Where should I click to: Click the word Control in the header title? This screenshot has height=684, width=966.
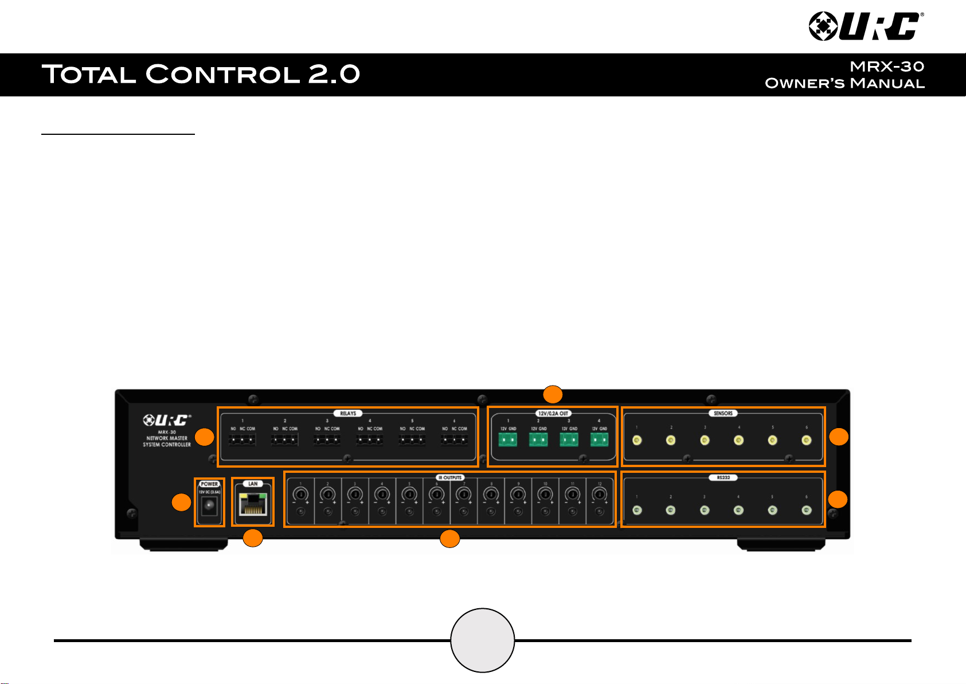click(223, 74)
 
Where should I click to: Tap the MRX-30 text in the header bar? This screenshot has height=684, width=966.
click(887, 67)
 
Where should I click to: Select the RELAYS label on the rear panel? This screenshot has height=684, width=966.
click(348, 413)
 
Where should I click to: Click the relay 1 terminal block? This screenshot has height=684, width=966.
click(242, 440)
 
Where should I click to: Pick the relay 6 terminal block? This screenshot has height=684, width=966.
click(454, 440)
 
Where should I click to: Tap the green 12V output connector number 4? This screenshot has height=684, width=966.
click(599, 440)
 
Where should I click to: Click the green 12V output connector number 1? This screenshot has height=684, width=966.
click(507, 440)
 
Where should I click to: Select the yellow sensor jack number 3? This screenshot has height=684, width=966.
click(705, 441)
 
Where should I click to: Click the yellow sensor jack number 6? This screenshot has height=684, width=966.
click(807, 441)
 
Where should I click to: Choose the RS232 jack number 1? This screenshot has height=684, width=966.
click(636, 510)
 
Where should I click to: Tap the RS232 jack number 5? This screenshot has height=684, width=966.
click(772, 510)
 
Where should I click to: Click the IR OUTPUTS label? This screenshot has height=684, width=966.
click(450, 477)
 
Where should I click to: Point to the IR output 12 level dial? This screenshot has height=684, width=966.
click(599, 494)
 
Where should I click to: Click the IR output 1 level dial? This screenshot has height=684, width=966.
click(300, 494)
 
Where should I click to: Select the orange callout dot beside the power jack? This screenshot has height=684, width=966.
click(182, 503)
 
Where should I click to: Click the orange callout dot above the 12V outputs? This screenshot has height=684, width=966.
click(553, 394)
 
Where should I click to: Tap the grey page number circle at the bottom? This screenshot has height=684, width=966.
click(483, 640)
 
